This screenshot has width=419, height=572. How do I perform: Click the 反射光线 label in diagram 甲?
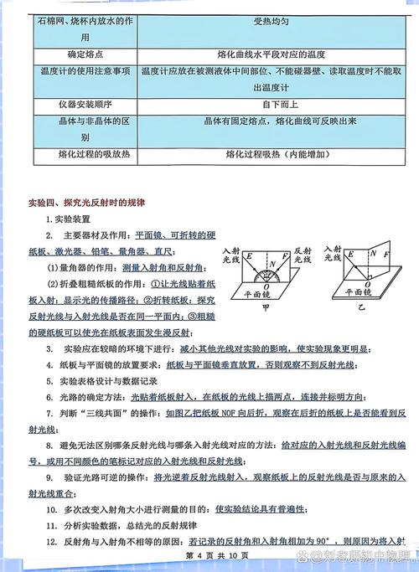pos(302,255)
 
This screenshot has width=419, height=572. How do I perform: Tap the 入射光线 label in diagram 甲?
pos(230,255)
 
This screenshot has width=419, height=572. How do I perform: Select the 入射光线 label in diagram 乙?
pos(330,255)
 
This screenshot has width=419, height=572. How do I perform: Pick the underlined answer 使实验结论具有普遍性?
pos(261,508)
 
